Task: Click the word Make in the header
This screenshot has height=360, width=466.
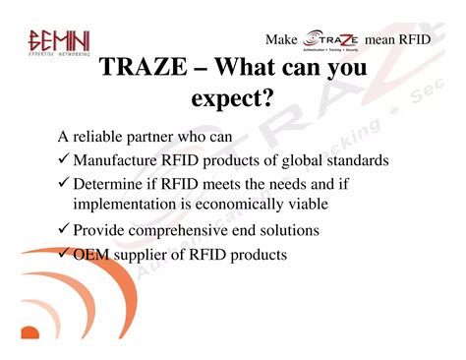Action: (x=281, y=39)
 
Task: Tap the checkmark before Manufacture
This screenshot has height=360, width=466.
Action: (x=63, y=159)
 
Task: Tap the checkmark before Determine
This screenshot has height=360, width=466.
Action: (x=63, y=184)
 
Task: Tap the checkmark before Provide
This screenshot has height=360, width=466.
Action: (x=63, y=230)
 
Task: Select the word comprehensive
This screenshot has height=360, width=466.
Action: (x=183, y=230)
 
